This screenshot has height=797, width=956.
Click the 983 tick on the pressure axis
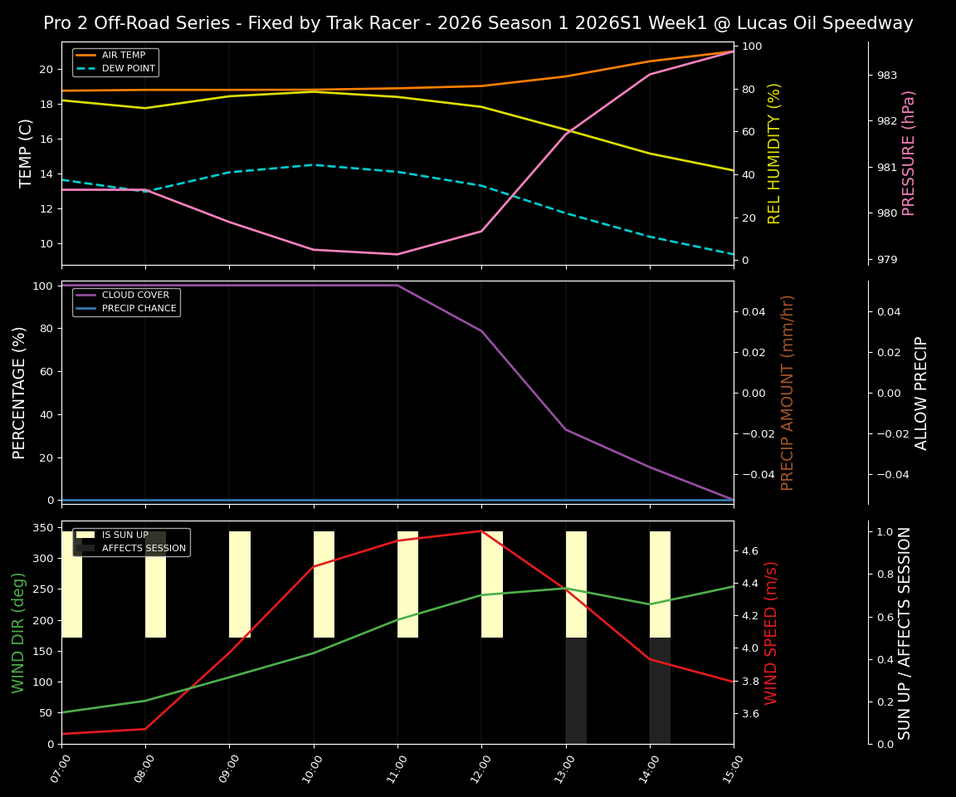pyautogui.click(x=887, y=76)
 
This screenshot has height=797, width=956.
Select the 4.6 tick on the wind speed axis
pyautogui.click(x=749, y=550)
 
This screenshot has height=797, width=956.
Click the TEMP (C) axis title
pyautogui.click(x=27, y=153)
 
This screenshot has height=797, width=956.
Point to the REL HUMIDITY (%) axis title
pyautogui.click(x=774, y=153)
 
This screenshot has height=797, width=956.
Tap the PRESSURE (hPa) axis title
pyautogui.click(x=909, y=153)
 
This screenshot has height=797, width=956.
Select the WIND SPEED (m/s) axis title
pyautogui.click(x=772, y=633)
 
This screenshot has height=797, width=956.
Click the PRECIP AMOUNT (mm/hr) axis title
pyautogui.click(x=788, y=392)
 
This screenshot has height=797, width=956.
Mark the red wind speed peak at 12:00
pyautogui.click(x=481, y=531)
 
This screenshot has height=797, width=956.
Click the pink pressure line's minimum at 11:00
pyautogui.click(x=398, y=254)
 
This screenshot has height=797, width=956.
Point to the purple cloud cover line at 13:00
pyautogui.click(x=566, y=429)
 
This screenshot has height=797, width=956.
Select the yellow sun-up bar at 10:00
pyautogui.click(x=324, y=584)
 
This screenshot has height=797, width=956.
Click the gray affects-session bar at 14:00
pyautogui.click(x=660, y=691)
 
